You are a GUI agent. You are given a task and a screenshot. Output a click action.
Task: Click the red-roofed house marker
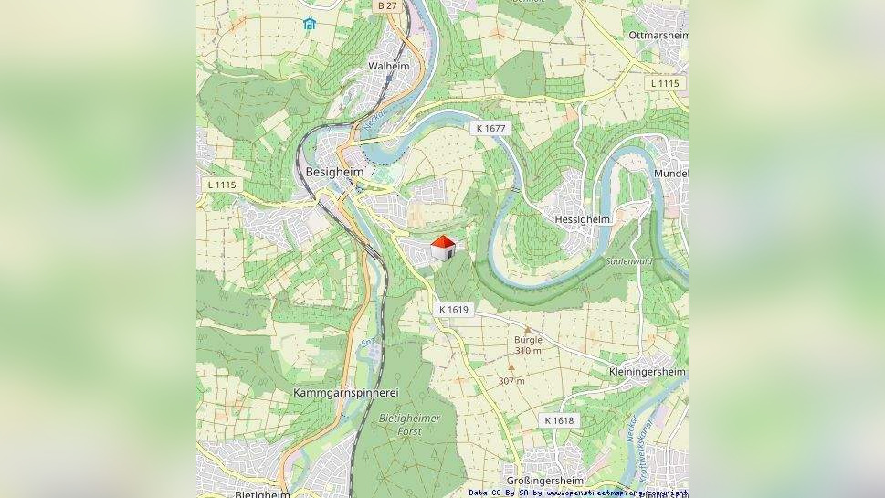click(x=443, y=248)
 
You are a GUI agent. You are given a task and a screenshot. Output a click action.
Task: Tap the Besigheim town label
click(x=334, y=172)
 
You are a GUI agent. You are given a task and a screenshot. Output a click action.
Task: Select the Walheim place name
click(x=388, y=67)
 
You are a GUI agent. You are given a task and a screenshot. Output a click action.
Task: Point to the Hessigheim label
click(x=583, y=219)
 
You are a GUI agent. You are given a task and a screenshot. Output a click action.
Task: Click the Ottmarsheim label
click(x=658, y=36)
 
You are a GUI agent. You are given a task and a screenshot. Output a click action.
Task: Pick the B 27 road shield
click(x=387, y=5)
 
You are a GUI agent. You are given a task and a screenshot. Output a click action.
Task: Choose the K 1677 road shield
click(x=490, y=129)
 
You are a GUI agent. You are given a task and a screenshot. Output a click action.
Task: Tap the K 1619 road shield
click(x=453, y=310)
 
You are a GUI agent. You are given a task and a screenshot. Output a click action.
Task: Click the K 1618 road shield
click(x=559, y=420)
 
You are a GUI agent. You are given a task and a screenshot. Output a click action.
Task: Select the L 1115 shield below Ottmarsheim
click(x=665, y=83)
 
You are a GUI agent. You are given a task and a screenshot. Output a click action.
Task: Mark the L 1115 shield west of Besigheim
click(x=221, y=185)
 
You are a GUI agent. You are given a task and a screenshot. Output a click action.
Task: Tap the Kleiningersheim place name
click(x=648, y=372)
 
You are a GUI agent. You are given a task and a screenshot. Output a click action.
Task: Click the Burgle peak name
click(x=528, y=339)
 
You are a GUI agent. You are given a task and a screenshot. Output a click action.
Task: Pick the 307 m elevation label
click(x=511, y=380)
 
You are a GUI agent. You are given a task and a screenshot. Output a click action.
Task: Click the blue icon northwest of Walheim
click(x=309, y=23)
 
